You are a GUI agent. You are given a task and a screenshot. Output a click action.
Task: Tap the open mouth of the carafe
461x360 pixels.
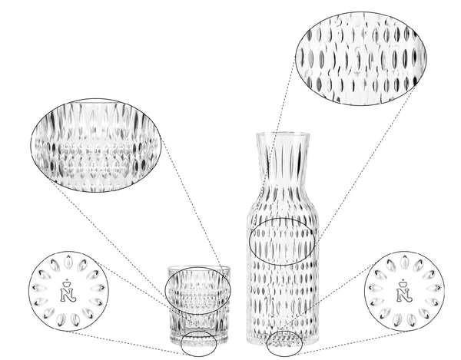pyautogui.click(x=282, y=135)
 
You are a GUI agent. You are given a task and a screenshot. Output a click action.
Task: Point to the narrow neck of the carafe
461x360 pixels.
pyautogui.click(x=282, y=165)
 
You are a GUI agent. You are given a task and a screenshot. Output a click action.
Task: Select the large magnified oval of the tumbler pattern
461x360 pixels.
pyautogui.click(x=95, y=146)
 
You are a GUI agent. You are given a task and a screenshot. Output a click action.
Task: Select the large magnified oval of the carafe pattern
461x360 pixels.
pyautogui.click(x=360, y=58)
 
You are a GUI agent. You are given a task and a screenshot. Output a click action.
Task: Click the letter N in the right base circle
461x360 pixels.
pyautogui.click(x=402, y=296)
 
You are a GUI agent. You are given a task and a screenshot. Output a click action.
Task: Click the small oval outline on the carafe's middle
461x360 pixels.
pyautogui.click(x=283, y=241)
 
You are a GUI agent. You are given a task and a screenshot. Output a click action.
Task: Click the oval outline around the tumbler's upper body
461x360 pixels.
pyautogui.click(x=198, y=290)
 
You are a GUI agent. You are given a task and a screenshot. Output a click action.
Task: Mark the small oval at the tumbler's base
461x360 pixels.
pyautogui.click(x=198, y=343)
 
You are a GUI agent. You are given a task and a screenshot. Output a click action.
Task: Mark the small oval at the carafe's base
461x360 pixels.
pyautogui.click(x=284, y=342)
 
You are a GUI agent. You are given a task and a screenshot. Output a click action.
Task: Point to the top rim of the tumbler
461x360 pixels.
pyautogui.click(x=199, y=268)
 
